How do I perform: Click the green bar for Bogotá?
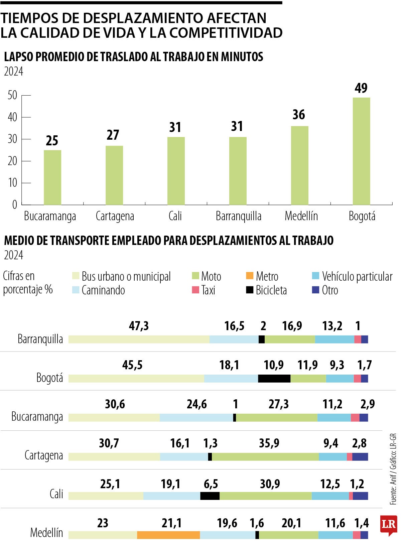[361, 151]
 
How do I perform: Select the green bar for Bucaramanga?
[52, 177]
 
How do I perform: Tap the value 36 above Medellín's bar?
[298, 115]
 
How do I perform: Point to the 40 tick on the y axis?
[12, 117]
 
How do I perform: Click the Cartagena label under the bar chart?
[115, 216]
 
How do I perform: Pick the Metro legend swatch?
[249, 276]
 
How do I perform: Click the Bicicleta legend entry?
[266, 290]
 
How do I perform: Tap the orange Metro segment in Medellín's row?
[168, 535]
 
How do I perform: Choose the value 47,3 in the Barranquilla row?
[139, 326]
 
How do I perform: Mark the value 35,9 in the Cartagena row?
[269, 443]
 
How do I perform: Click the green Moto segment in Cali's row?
[265, 496]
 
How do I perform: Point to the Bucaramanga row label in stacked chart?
[37, 417]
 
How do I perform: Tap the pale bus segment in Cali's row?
[106, 496]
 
